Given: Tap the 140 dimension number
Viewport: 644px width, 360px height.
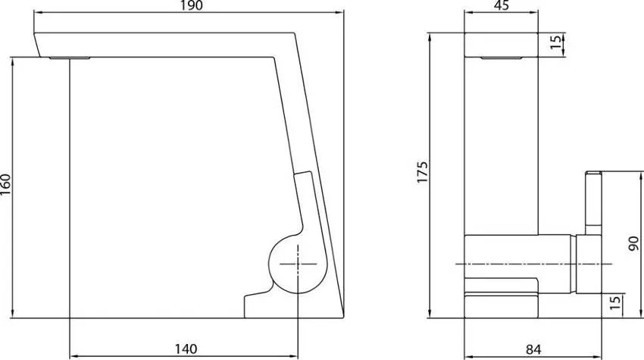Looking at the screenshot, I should pyautogui.click(x=186, y=349).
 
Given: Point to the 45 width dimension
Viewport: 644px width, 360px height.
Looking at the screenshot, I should pyautogui.click(x=500, y=7).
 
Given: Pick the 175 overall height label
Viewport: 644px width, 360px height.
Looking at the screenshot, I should pyautogui.click(x=422, y=174).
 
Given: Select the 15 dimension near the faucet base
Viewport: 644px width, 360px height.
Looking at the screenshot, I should pyautogui.click(x=615, y=305).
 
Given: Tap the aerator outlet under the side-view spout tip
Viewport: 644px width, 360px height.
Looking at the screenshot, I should pyautogui.click(x=70, y=57).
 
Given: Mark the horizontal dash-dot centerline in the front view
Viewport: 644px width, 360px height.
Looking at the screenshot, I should pyautogui.click(x=530, y=264).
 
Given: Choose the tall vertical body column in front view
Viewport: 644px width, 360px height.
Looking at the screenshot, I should pyautogui.click(x=500, y=144).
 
